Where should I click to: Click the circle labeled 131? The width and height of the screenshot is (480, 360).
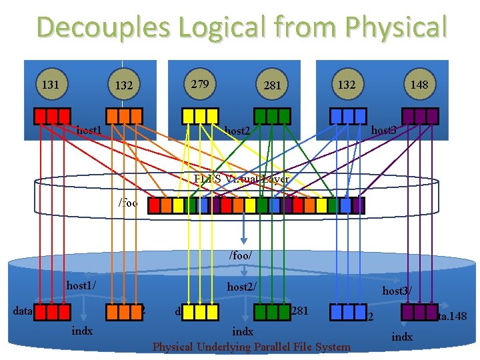pyautogui.click(x=51, y=85)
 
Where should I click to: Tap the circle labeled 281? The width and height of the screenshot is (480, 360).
pyautogui.click(x=272, y=85)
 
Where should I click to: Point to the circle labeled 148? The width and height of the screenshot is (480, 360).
pyautogui.click(x=419, y=85)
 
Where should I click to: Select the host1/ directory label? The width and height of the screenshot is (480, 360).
pyautogui.click(x=81, y=285)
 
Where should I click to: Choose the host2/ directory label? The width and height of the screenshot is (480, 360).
pyautogui.click(x=242, y=287)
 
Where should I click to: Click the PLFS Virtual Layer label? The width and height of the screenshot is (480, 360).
pyautogui.click(x=241, y=179)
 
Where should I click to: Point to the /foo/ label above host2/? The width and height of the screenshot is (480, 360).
pyautogui.click(x=240, y=255)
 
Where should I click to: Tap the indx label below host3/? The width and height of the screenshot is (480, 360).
pyautogui.click(x=401, y=337)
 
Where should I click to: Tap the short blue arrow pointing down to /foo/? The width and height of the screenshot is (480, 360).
pyautogui.click(x=245, y=230)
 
